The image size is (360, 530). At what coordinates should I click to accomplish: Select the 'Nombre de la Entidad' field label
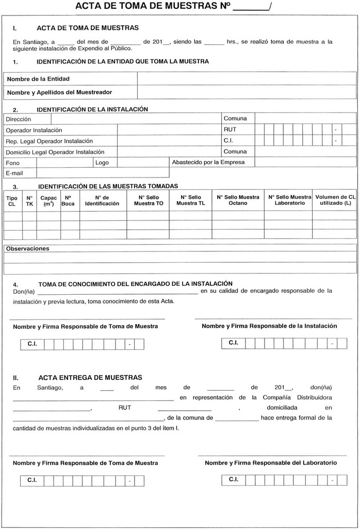(x=38, y=79)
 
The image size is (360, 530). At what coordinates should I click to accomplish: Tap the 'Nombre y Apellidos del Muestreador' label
(x=59, y=92)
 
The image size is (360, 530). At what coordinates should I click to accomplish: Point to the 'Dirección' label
(x=18, y=119)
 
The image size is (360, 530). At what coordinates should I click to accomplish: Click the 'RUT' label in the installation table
(x=230, y=130)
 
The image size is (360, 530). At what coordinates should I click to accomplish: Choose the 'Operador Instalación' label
(x=34, y=130)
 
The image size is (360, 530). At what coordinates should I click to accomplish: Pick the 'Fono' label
(x=12, y=163)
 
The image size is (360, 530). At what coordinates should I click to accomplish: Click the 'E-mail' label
(x=14, y=173)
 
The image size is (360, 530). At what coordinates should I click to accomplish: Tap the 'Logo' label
(x=102, y=163)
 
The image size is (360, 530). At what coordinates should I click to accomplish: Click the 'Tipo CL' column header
(x=12, y=201)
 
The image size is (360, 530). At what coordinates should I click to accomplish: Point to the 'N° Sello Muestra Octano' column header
(x=238, y=200)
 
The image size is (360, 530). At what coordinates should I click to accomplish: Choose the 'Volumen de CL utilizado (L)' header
(x=335, y=200)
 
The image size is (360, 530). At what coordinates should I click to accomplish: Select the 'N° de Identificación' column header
(x=102, y=200)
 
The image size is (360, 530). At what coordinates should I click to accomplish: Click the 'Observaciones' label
(x=27, y=249)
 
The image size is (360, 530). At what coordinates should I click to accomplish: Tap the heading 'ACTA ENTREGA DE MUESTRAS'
(x=90, y=377)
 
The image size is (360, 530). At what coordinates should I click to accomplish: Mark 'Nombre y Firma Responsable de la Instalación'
(x=269, y=326)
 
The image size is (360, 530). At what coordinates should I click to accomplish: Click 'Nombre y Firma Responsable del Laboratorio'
(x=271, y=463)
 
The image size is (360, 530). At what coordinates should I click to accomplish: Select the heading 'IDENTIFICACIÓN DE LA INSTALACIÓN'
(x=92, y=109)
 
